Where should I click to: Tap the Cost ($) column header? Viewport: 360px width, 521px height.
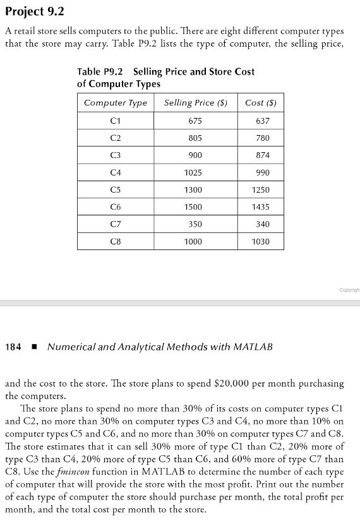click(x=260, y=103)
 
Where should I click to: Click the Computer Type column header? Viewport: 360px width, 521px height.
click(x=115, y=103)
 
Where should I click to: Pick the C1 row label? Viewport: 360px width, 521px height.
click(x=115, y=121)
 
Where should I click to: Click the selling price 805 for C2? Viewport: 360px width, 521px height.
click(x=195, y=138)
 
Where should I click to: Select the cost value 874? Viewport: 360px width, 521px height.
click(x=260, y=155)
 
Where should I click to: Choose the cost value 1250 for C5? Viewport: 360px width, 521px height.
click(x=260, y=189)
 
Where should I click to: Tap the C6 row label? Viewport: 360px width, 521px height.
click(x=115, y=207)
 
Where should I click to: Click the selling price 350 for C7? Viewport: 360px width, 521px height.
click(x=195, y=224)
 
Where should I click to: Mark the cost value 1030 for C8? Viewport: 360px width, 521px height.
click(x=260, y=241)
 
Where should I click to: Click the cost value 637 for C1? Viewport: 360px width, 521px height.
click(x=260, y=121)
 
